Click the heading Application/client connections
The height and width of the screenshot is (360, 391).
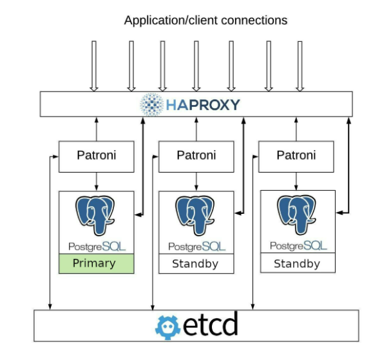(205, 20)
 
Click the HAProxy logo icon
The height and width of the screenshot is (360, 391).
(153, 104)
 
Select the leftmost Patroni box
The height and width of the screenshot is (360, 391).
(97, 155)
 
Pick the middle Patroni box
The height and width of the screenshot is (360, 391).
(196, 155)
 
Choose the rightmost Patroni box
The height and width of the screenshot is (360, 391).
(296, 155)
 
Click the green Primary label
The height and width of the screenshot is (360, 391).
(96, 263)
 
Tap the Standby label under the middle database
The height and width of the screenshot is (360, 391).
(196, 264)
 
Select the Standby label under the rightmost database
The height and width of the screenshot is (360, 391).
(297, 264)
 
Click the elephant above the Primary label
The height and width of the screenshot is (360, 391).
(97, 216)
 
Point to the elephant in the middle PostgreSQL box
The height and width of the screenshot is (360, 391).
(196, 216)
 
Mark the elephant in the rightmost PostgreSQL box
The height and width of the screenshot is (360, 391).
(297, 216)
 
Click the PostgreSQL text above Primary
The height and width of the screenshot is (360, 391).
(97, 246)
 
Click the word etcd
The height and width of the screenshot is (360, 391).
(209, 325)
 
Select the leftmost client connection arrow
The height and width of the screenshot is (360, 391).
(93, 66)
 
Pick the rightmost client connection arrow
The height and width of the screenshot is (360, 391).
(300, 66)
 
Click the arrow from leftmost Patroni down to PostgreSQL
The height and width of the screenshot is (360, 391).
(97, 181)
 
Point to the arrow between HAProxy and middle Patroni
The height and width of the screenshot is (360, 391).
(196, 129)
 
